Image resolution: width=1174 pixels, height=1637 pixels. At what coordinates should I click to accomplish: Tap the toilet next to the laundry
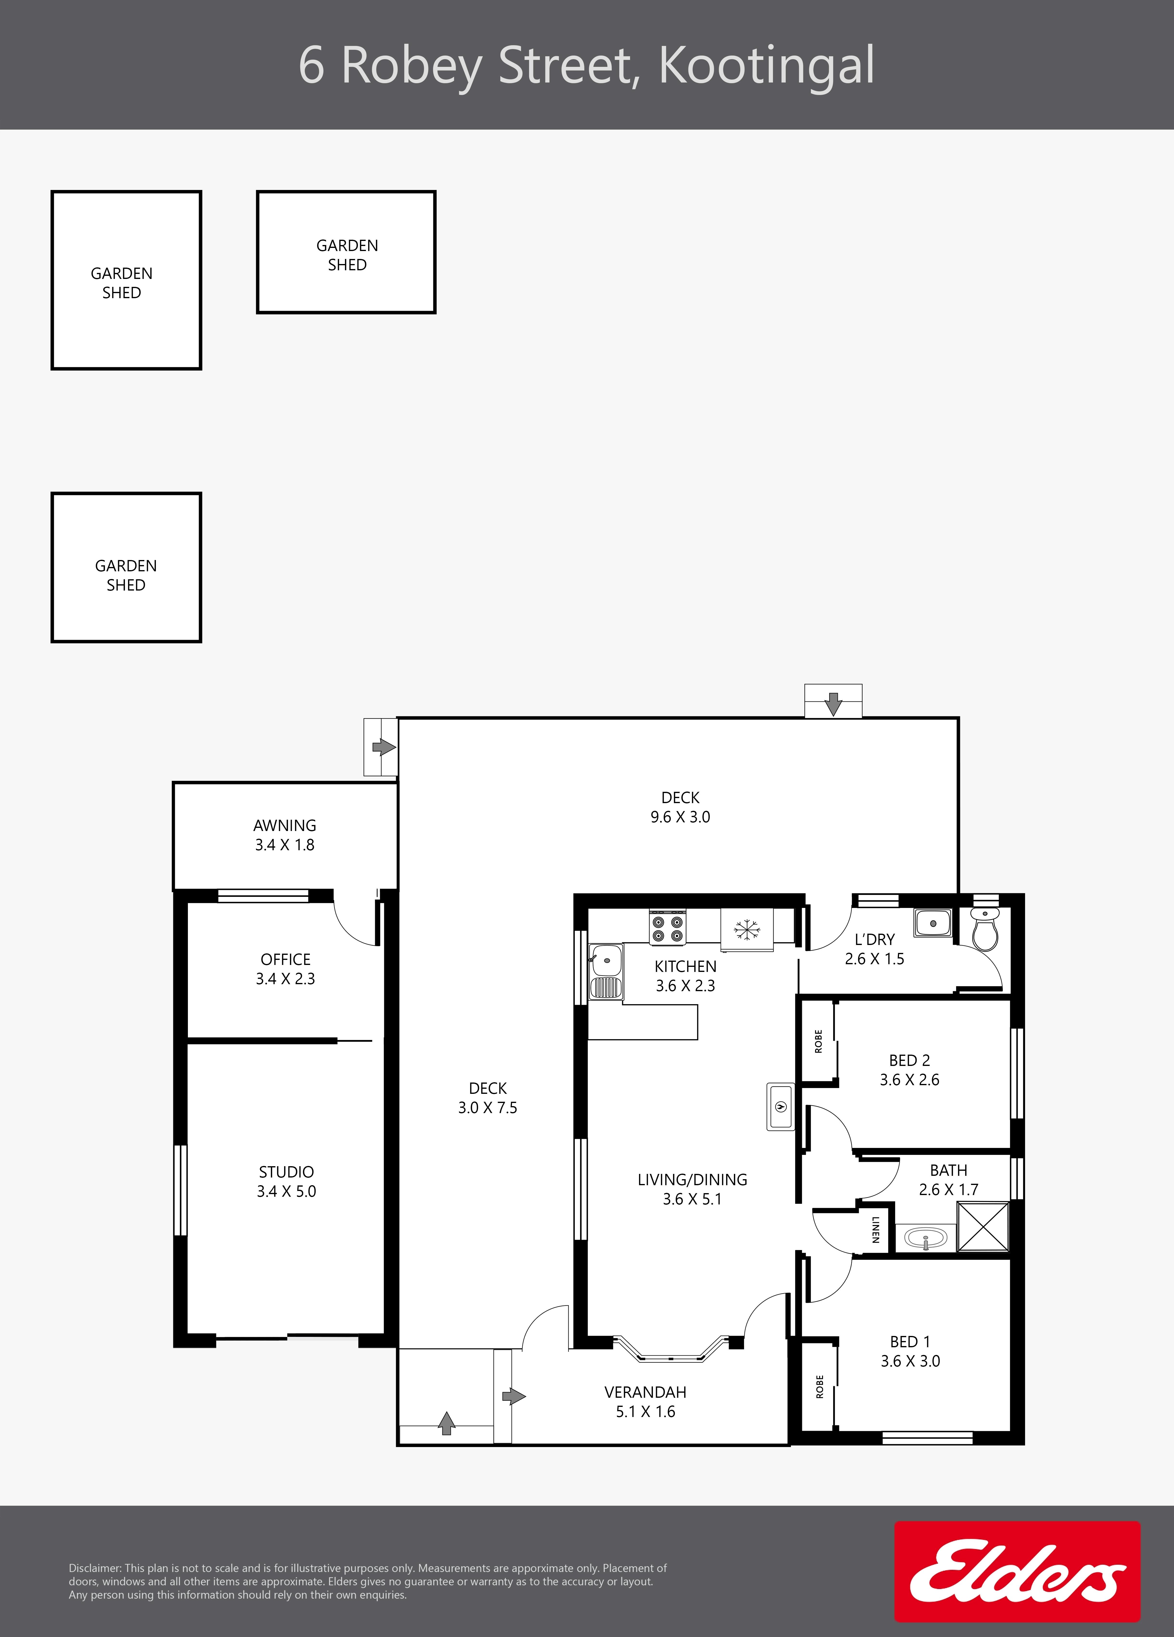[985, 929]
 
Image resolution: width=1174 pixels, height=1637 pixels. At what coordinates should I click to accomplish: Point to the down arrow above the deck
[833, 704]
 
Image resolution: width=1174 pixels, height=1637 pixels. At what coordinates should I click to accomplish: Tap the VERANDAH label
[645, 1392]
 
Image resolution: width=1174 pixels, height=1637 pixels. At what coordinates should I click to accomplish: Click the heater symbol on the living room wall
[780, 1107]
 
